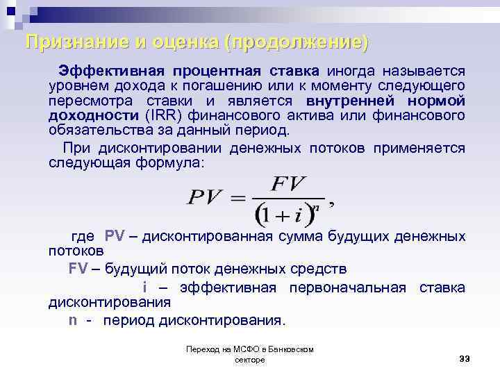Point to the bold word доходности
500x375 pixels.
(94, 115)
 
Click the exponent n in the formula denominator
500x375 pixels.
(317, 207)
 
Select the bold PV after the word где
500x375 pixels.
(115, 236)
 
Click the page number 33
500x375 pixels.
(465, 358)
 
